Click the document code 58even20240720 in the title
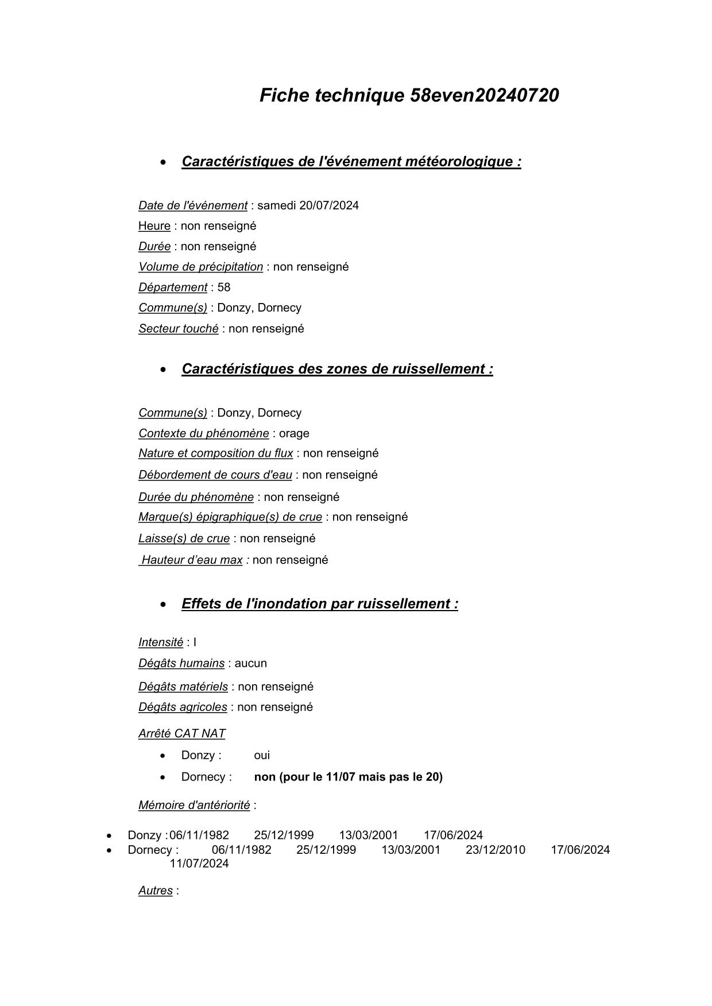pyautogui.click(x=484, y=95)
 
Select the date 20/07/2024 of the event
pyautogui.click(x=328, y=205)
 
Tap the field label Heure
pyautogui.click(x=154, y=226)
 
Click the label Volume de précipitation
pyautogui.click(x=200, y=267)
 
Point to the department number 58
pyautogui.click(x=224, y=288)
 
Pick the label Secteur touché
pyautogui.click(x=178, y=329)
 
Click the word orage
pyautogui.click(x=294, y=433)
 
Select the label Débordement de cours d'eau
pyautogui.click(x=215, y=475)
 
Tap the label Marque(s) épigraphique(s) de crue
pyautogui.click(x=230, y=517)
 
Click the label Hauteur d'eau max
pyautogui.click(x=192, y=560)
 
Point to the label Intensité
pyautogui.click(x=160, y=643)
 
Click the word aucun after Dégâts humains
pyautogui.click(x=250, y=663)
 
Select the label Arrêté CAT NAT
pyautogui.click(x=181, y=734)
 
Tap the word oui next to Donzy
pyautogui.click(x=262, y=756)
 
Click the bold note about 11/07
pyautogui.click(x=348, y=777)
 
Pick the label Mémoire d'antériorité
pyautogui.click(x=194, y=806)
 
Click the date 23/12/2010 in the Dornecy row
pyautogui.click(x=495, y=850)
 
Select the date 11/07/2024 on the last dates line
pyautogui.click(x=199, y=864)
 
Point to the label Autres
pyautogui.click(x=155, y=891)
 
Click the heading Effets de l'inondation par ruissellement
pyautogui.click(x=319, y=604)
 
